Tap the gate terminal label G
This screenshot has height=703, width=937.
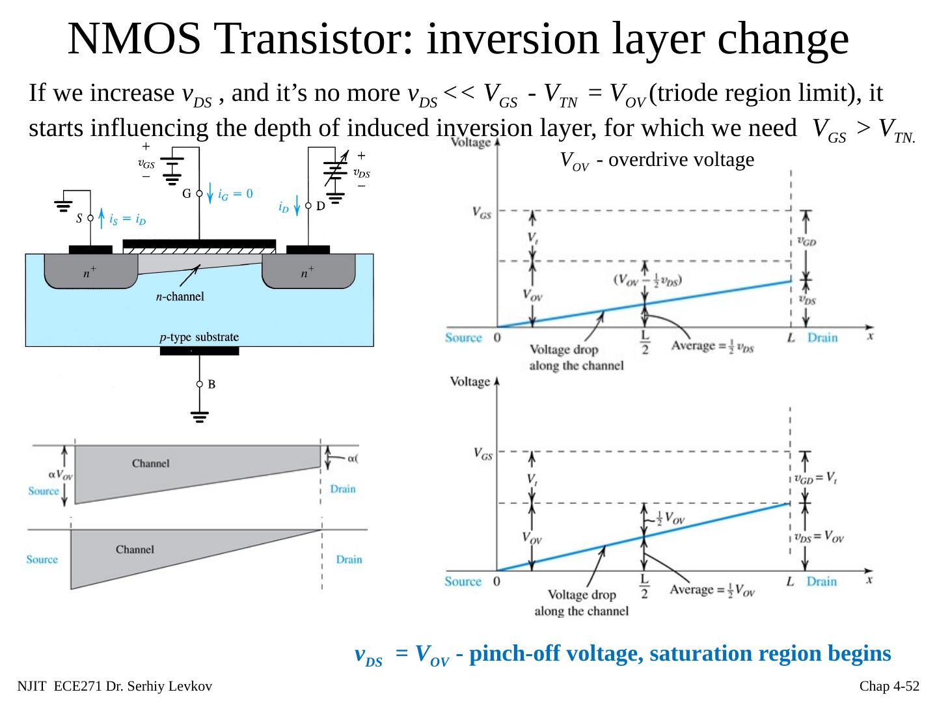click(186, 193)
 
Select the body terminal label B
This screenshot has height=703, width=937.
click(211, 385)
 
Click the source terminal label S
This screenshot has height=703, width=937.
click(79, 219)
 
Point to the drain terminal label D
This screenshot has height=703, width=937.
click(320, 206)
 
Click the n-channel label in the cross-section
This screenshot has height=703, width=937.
click(180, 297)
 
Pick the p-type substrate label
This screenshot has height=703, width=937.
click(199, 337)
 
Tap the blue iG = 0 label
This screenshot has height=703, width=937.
click(235, 194)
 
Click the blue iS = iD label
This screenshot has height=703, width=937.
click(128, 219)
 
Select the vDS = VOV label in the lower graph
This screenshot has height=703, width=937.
click(819, 537)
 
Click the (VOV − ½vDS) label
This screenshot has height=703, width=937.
click(647, 279)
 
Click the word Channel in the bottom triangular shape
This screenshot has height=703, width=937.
click(135, 549)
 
